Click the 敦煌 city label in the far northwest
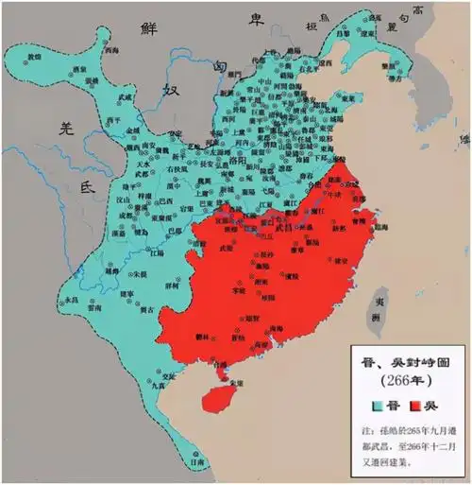click(x=35, y=58)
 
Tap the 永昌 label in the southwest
click(x=68, y=300)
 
